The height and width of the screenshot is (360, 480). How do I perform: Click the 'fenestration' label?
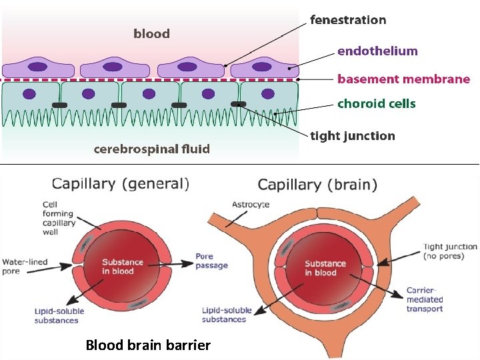click(x=348, y=20)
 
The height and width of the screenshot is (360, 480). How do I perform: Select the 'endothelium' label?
click(x=377, y=51)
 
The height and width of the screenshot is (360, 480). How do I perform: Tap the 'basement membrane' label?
click(x=403, y=79)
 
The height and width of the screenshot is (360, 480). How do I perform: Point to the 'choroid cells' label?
click(x=376, y=103)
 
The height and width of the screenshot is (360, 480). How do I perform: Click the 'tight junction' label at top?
click(x=353, y=136)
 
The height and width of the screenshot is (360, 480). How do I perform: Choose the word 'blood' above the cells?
click(x=151, y=33)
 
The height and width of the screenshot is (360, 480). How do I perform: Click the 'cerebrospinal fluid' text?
click(x=152, y=149)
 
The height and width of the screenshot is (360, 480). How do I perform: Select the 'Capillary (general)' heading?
click(x=121, y=183)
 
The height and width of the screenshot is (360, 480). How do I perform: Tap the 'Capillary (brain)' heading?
click(x=317, y=185)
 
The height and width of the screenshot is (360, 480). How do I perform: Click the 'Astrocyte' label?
click(x=250, y=204)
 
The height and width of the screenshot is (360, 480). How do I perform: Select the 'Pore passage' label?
click(x=211, y=261)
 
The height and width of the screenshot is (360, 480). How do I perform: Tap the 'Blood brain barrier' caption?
click(x=148, y=345)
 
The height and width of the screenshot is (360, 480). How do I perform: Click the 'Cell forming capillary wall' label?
click(x=59, y=218)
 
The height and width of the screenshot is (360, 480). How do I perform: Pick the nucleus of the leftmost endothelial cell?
click(x=37, y=67)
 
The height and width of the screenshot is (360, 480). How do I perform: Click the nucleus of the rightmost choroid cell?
click(x=267, y=94)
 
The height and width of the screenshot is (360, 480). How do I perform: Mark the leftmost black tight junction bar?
click(x=59, y=105)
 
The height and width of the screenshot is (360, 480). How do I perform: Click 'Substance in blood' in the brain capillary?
click(x=325, y=268)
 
